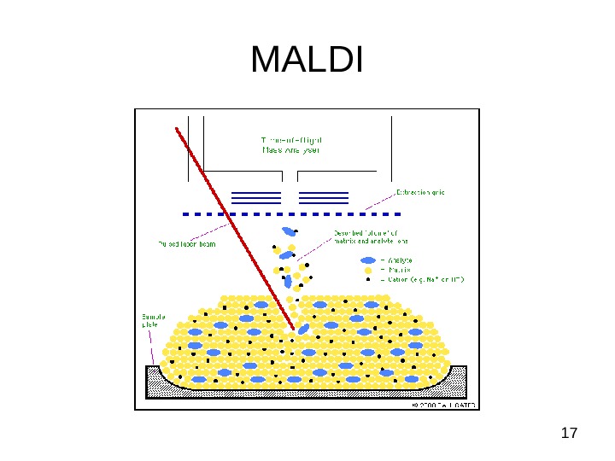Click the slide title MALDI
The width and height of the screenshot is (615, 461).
pos(307,61)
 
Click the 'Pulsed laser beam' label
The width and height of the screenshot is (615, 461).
pos(187,243)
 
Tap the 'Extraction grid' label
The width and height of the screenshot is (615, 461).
pos(420,192)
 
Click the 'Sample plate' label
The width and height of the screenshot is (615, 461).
pos(153,321)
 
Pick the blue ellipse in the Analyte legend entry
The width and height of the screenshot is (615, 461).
pos(368,260)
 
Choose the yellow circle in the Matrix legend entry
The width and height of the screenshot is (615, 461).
pos(368,269)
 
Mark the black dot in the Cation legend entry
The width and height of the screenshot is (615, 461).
pos(368,279)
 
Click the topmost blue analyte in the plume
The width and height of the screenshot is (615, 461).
pos(290,231)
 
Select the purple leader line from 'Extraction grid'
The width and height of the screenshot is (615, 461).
pos(379,201)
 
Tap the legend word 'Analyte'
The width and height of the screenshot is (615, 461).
pos(401,260)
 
